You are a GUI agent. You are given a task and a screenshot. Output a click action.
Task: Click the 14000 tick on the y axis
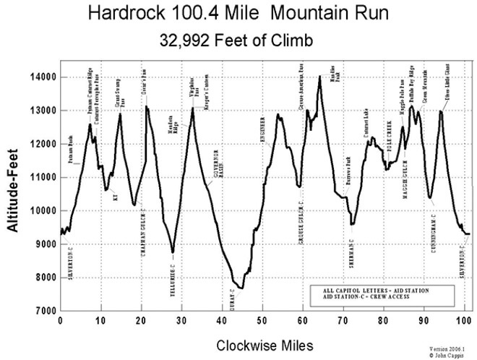(x=43, y=77)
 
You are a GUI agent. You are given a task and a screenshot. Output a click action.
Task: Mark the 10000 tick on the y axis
(x=43, y=211)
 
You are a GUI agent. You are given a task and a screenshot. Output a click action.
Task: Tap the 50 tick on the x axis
(x=262, y=321)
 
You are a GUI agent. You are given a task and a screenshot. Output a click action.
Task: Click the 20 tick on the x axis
(x=140, y=321)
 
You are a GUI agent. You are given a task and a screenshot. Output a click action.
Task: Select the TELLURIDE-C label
(x=173, y=274)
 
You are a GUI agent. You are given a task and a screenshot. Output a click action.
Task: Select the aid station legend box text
(x=377, y=292)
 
